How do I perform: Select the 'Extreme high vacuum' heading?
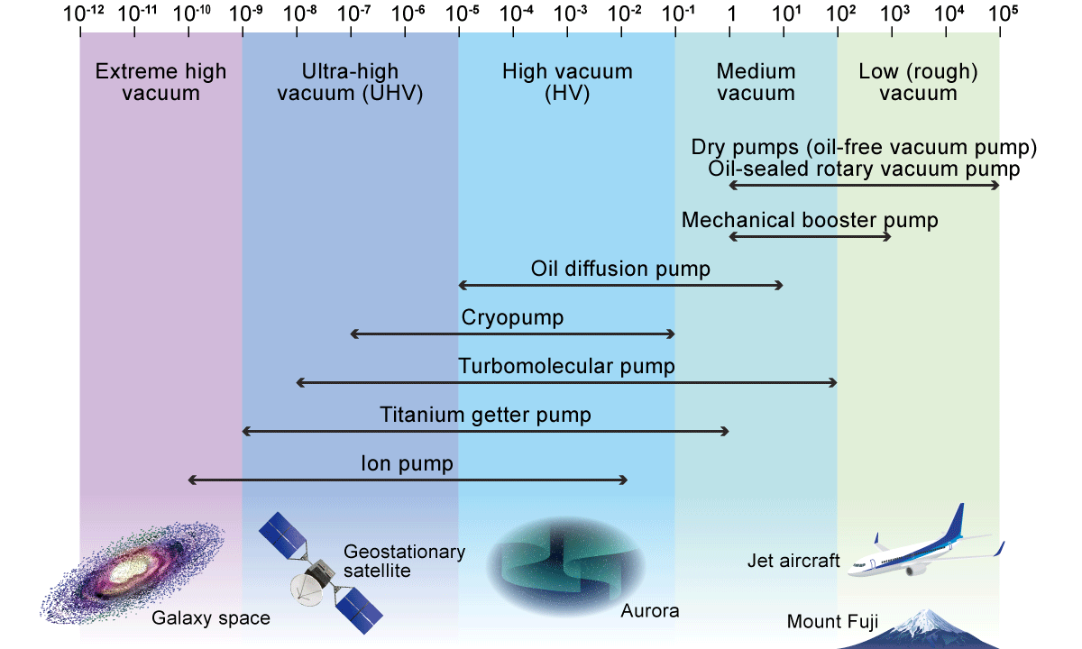coord(160,81)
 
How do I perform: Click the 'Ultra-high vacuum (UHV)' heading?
coord(351,81)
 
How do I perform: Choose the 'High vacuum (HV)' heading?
coord(567,81)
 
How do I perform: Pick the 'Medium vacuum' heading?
coord(756,81)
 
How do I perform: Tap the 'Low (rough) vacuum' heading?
coord(918,81)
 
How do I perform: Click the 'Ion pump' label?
coord(407,464)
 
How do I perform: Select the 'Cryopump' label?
coord(512,317)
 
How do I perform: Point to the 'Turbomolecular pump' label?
coord(566,366)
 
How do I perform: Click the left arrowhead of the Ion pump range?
coord(191,480)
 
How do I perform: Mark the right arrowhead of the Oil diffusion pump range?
coord(780,285)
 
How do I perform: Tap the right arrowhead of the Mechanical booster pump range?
coord(888,236)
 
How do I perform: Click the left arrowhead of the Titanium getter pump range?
coord(245,432)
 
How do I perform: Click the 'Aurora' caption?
coord(649,611)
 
